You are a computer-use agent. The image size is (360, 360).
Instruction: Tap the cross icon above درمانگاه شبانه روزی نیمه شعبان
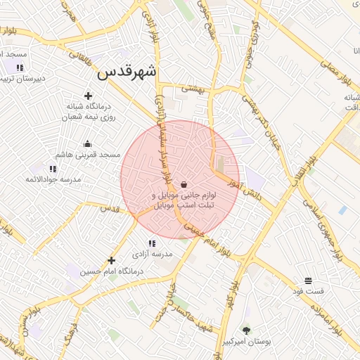(88, 96)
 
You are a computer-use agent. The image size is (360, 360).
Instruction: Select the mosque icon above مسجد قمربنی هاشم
(87, 144)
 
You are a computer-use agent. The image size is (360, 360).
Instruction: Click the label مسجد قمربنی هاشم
(90, 154)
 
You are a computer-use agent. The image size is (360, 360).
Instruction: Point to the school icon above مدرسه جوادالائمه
(53, 169)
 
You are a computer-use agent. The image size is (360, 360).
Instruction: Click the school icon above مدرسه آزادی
(153, 243)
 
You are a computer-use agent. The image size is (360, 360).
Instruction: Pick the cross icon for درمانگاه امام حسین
(111, 260)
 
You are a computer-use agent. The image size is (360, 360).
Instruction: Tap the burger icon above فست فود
(309, 281)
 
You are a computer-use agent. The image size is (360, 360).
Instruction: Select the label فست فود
(309, 290)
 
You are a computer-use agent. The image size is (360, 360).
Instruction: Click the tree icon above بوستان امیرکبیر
(246, 330)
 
